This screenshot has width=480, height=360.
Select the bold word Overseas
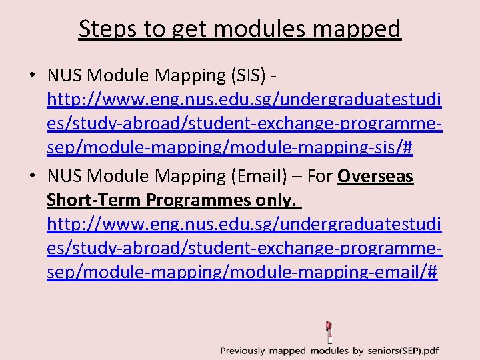tap(375, 176)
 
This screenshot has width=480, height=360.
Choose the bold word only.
tap(276, 200)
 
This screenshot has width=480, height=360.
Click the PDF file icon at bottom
tap(329, 331)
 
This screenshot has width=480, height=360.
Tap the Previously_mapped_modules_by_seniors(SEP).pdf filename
tap(329, 351)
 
